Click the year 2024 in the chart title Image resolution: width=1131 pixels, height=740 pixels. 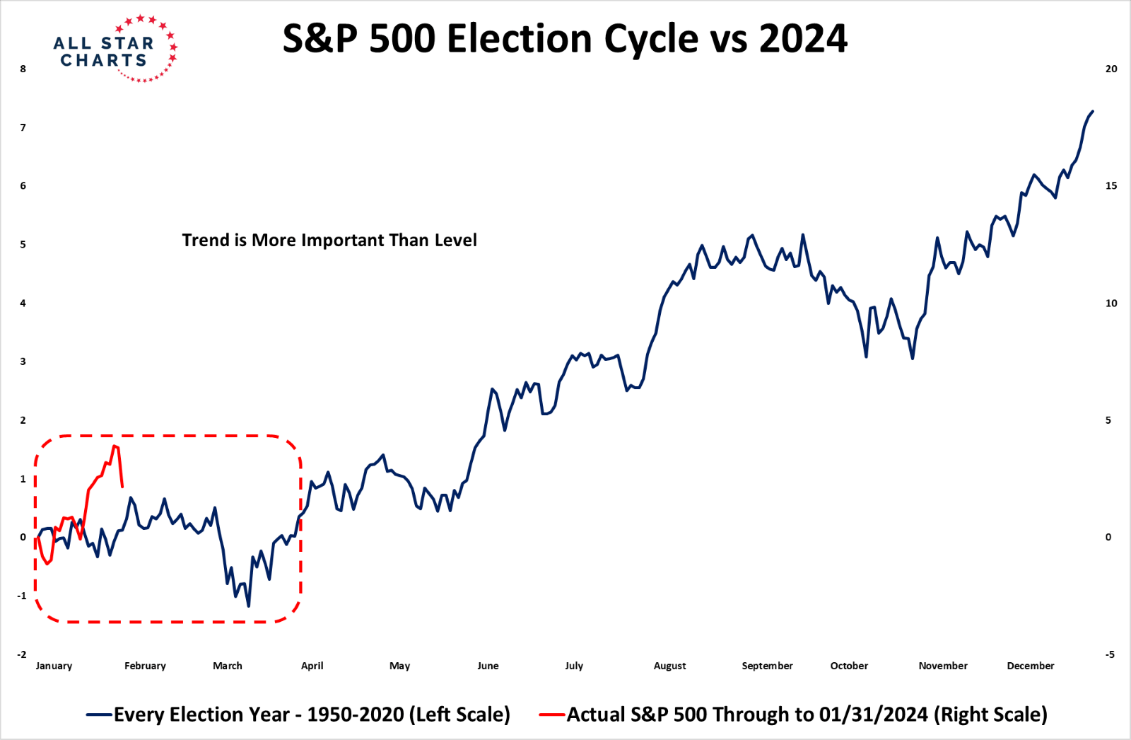[803, 39]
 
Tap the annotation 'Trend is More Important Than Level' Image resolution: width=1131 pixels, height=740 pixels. [329, 241]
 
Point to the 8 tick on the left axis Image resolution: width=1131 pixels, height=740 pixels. [23, 69]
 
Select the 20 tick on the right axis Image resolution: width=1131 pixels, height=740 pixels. [1111, 69]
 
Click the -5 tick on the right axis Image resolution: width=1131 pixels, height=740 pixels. [1110, 654]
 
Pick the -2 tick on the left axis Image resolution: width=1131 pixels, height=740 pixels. [22, 654]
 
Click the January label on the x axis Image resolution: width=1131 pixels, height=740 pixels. [54, 666]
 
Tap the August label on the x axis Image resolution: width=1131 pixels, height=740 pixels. [669, 666]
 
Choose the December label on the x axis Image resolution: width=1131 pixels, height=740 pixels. [1030, 666]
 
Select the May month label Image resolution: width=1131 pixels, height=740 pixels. [399, 666]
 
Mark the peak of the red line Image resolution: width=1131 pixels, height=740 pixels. [115, 446]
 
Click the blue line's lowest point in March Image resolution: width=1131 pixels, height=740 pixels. [248, 606]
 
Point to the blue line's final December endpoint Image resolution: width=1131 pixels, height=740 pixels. [1093, 111]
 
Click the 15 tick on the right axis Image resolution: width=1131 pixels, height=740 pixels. [1111, 186]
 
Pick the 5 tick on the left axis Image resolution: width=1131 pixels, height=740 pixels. [23, 245]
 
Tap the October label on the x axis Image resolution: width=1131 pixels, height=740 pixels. [849, 666]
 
